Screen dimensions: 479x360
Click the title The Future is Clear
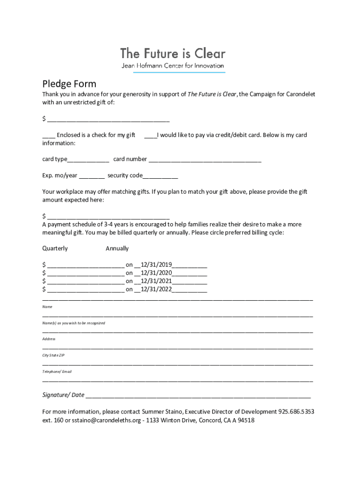click(x=173, y=53)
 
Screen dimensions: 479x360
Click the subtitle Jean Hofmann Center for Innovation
click(x=173, y=65)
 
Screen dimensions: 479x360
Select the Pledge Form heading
click(x=69, y=84)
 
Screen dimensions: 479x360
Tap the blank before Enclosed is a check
click(x=49, y=136)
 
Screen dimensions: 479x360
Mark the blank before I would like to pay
click(x=151, y=136)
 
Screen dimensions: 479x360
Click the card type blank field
click(x=88, y=160)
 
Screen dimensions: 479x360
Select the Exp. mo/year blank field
click(x=92, y=176)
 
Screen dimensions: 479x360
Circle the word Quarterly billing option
click(x=55, y=248)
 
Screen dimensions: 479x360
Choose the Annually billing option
click(x=117, y=248)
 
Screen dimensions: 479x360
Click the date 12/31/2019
click(x=156, y=265)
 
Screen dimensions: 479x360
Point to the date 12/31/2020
click(x=156, y=273)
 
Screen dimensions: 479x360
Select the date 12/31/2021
click(x=156, y=281)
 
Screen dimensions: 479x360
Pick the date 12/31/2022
click(x=156, y=289)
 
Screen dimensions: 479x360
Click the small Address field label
click(x=49, y=339)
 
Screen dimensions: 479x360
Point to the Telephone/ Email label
click(x=57, y=371)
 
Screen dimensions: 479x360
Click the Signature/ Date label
click(x=64, y=395)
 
